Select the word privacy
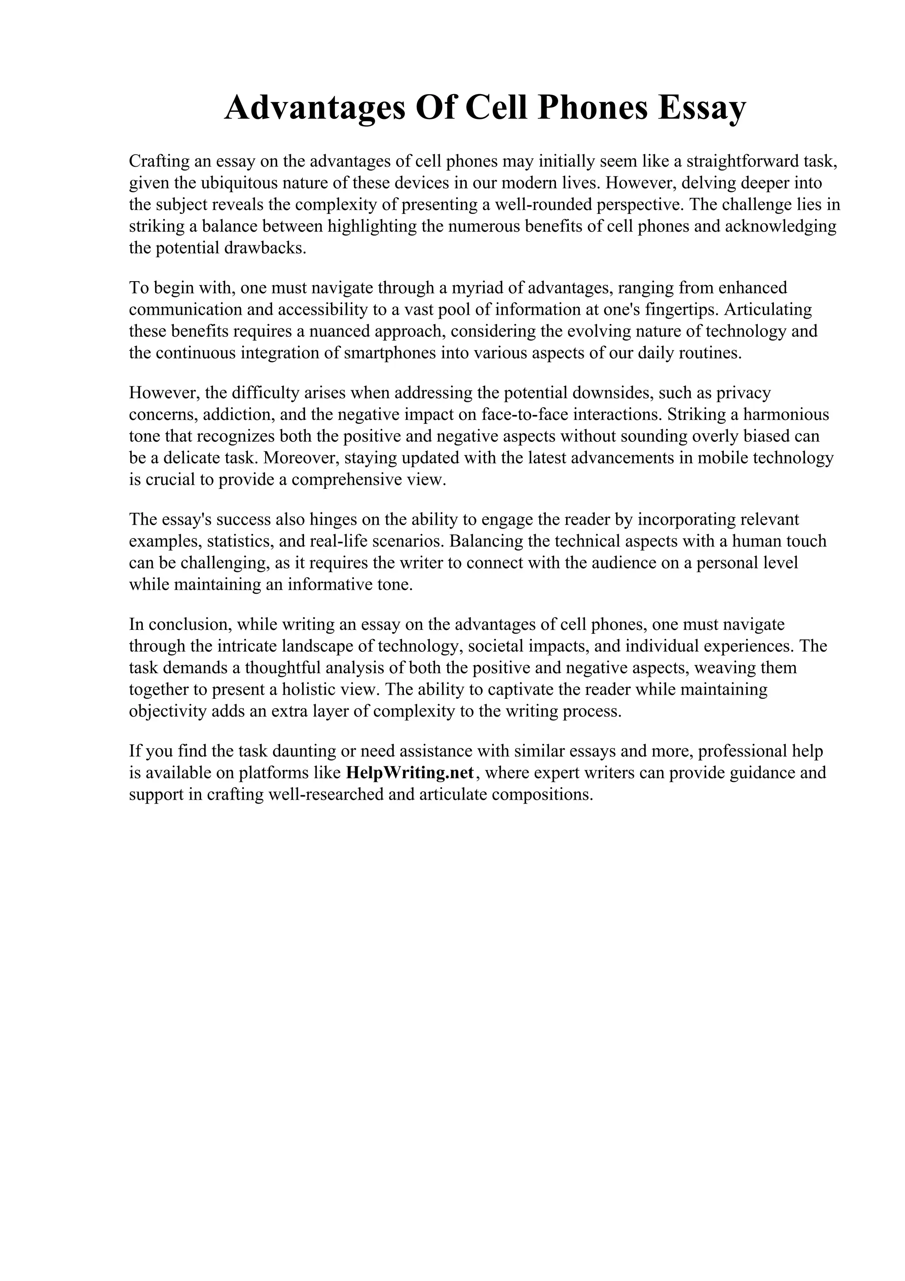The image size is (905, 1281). (743, 393)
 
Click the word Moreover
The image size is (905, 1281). (300, 458)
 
